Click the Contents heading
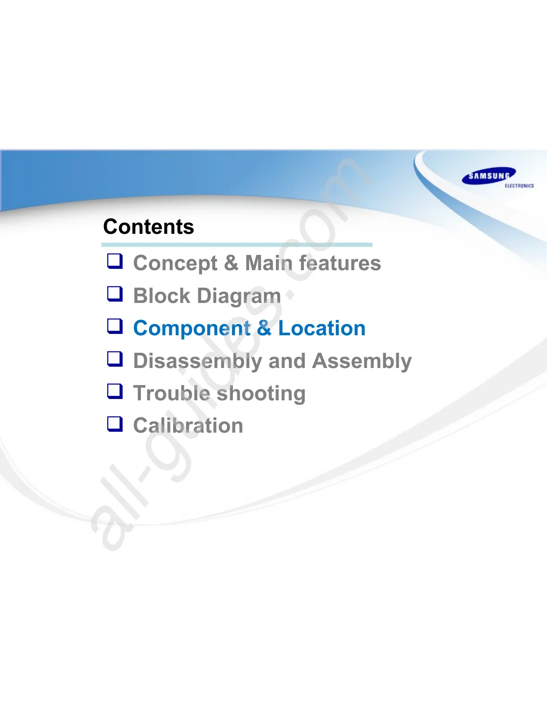(x=149, y=227)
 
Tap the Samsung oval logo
(x=489, y=176)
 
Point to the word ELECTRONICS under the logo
(x=519, y=186)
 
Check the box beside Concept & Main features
(x=115, y=261)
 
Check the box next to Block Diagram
(x=115, y=294)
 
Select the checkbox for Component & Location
(x=115, y=326)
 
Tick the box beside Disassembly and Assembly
(x=115, y=359)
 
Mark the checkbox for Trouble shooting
(x=115, y=391)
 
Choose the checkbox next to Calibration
(x=115, y=424)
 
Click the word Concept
(x=175, y=264)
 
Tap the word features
(x=340, y=263)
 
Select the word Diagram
(x=239, y=297)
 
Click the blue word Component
(x=192, y=329)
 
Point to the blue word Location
(x=322, y=328)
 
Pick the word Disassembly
(x=197, y=362)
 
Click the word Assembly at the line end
(x=362, y=362)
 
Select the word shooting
(x=261, y=394)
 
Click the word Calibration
(x=188, y=425)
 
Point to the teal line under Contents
(x=237, y=245)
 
